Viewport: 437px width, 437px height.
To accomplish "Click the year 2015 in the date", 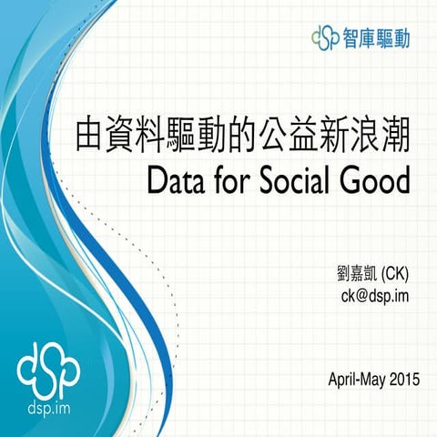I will coord(403,379).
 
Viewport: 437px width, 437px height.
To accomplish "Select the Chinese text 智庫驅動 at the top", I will coord(375,37).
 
